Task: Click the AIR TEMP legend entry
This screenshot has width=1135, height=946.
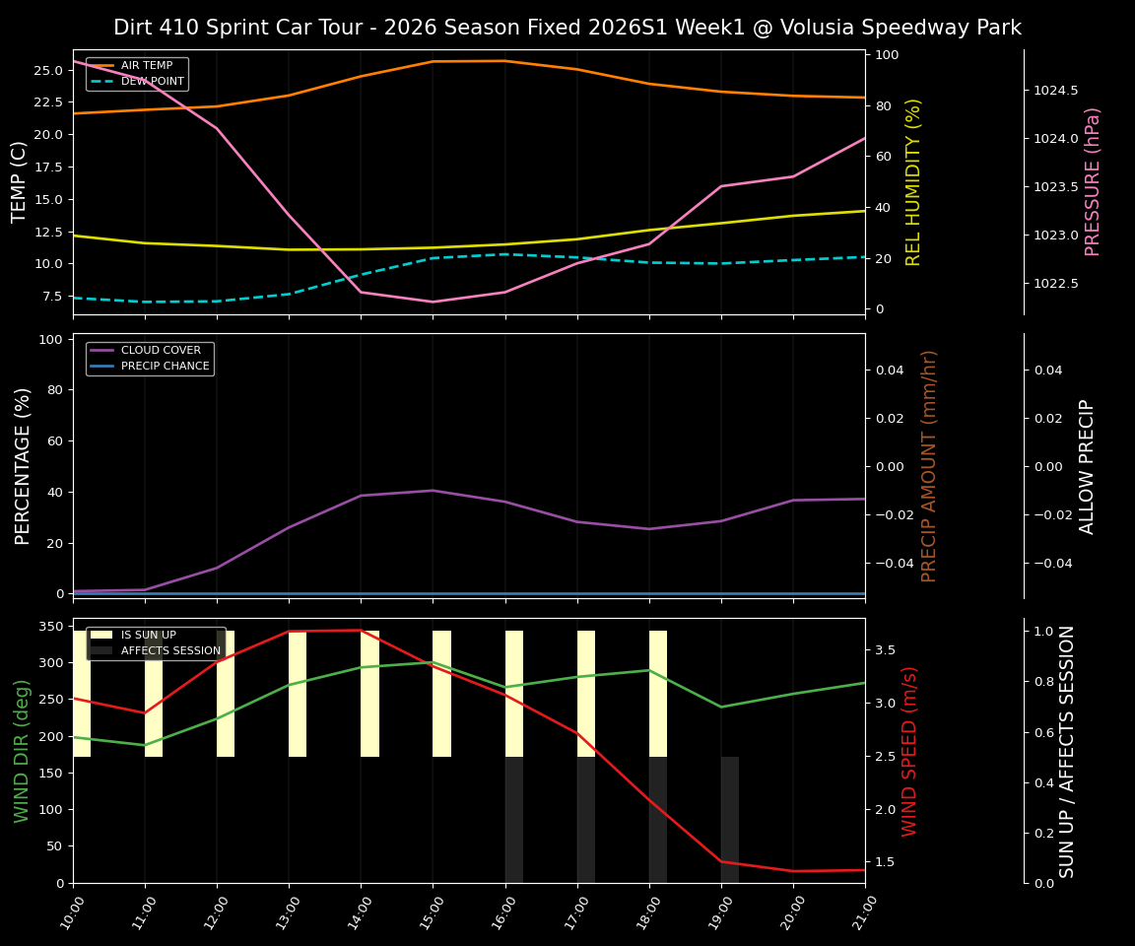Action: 146,66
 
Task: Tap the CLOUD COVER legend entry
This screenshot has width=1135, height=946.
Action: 161,351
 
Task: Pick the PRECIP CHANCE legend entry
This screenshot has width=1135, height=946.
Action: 165,367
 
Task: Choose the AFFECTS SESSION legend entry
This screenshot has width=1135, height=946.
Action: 170,651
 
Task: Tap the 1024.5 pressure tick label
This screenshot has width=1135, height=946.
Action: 1055,91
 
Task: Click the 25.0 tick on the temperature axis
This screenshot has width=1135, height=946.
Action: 46,71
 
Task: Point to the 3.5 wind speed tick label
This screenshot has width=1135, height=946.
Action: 885,650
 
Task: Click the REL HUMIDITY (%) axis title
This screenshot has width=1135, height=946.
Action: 913,182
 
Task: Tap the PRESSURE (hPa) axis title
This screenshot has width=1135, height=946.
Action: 1093,182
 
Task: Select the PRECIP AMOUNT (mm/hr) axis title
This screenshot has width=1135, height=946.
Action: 929,466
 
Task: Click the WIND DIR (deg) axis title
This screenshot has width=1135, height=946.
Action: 22,751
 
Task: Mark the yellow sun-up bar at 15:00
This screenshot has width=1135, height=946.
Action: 441,694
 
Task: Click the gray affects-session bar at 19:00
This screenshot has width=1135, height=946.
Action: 730,820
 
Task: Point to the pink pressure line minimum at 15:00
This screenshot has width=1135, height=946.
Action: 433,302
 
